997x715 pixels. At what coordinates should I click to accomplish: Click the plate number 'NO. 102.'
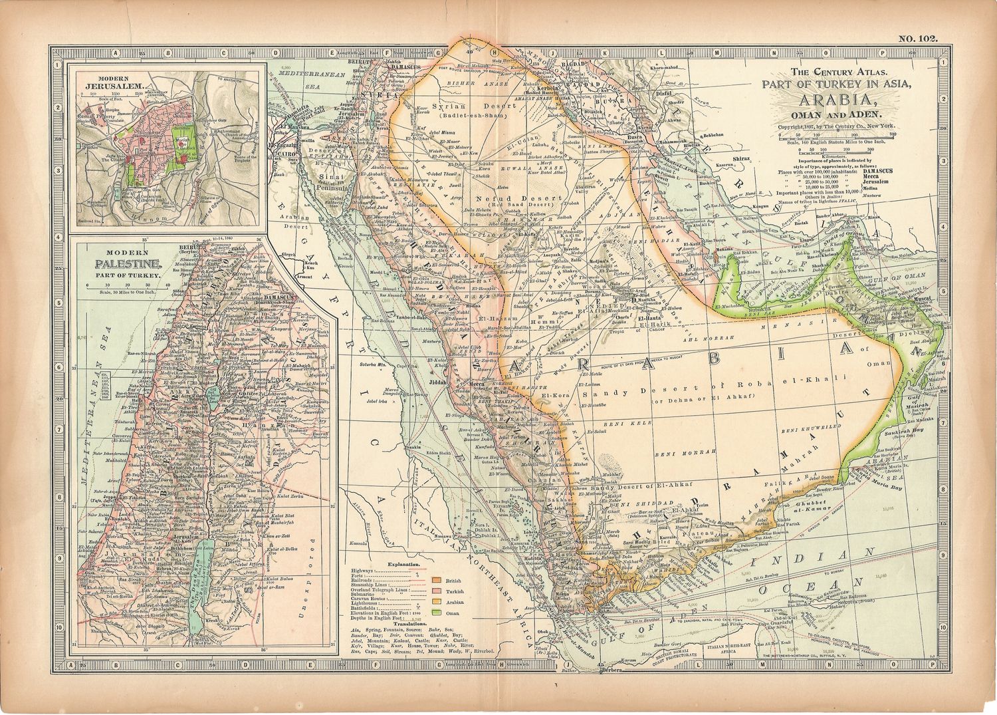(918, 39)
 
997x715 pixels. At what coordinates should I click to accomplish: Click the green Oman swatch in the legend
(437, 612)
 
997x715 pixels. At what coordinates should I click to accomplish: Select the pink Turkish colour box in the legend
(437, 591)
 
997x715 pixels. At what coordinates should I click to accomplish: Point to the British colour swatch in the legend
(437, 581)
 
